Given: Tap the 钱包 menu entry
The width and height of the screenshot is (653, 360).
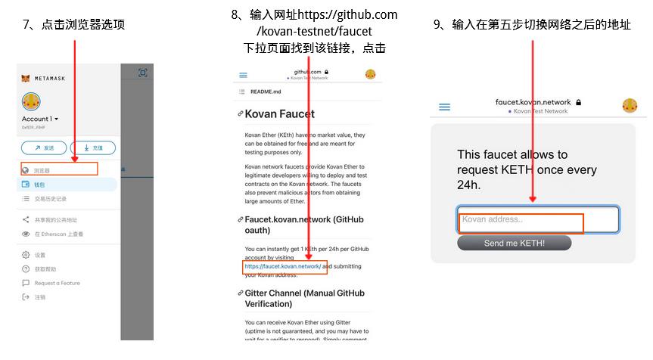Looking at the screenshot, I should click(39, 184).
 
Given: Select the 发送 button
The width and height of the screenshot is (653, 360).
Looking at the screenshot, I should click(44, 147).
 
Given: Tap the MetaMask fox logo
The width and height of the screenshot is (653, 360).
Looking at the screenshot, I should click(26, 78).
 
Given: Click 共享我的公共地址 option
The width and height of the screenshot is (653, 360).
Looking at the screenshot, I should click(55, 220).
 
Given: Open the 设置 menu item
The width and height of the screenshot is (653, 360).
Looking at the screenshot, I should click(39, 255).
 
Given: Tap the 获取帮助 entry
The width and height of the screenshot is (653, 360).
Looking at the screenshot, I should click(45, 269).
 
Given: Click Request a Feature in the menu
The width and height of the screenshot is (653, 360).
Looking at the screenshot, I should click(56, 283).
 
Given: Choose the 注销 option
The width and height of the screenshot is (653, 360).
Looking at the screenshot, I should click(39, 297).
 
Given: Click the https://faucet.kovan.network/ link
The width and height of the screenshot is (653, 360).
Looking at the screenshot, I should click(281, 267).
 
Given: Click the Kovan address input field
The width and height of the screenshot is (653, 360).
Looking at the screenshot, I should click(538, 220).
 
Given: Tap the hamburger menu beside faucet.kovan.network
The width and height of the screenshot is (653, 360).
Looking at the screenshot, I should click(445, 107).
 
